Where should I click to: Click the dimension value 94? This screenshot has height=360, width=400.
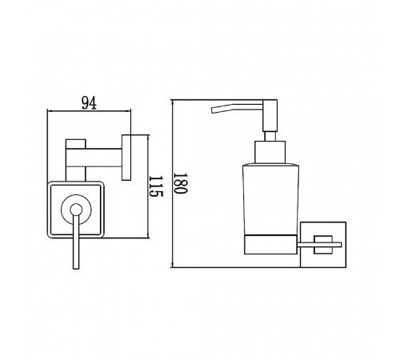point(89,103)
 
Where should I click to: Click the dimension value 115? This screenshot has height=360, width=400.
point(155,186)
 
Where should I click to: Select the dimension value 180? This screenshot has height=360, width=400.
point(180,183)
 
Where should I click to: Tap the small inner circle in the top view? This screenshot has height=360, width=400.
point(76,210)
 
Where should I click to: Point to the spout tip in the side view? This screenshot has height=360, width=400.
point(213,110)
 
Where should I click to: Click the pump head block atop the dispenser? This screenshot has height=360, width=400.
point(270,115)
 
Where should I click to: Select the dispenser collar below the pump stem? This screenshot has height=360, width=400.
point(270,152)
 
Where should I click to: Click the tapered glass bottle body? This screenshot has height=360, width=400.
point(270,199)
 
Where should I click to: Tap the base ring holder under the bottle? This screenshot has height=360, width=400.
point(270,245)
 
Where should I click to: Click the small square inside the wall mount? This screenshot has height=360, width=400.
point(323,245)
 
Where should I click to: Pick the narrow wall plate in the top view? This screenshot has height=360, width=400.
point(126,158)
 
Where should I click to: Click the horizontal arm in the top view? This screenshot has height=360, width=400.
point(94,158)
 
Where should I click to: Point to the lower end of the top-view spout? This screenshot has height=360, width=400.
point(76,269)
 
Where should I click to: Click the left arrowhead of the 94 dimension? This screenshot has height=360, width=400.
point(49,110)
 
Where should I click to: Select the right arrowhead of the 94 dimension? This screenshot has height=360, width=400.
point(130,110)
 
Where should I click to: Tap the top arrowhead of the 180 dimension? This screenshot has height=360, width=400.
point(173,102)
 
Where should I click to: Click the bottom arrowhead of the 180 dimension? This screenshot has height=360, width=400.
point(173,265)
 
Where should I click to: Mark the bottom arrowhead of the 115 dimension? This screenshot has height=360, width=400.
point(148,236)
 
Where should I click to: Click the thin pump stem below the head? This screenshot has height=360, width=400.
point(270,136)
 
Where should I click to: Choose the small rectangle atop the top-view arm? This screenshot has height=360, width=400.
point(76,144)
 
